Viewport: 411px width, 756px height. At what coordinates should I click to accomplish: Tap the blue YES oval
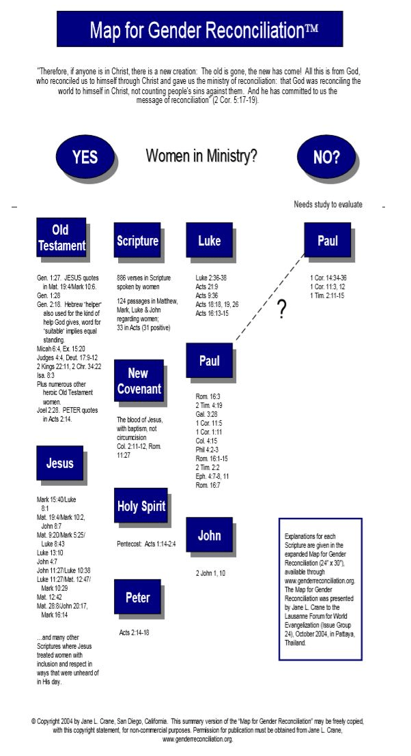tap(85, 158)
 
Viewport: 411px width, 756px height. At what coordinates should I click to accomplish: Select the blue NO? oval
tap(326, 158)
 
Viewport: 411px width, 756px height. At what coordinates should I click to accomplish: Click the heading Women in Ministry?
tap(201, 156)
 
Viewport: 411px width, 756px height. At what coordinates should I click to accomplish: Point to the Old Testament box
tap(61, 237)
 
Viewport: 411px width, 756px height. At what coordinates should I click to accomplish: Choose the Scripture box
tap(137, 241)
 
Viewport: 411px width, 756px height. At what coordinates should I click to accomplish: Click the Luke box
tap(209, 240)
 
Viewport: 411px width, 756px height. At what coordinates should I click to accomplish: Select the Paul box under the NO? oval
tap(327, 240)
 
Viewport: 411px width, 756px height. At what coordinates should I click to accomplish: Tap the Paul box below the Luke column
tap(209, 361)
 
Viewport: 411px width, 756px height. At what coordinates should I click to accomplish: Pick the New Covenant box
tap(139, 381)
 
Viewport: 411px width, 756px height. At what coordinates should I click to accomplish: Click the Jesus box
tap(59, 463)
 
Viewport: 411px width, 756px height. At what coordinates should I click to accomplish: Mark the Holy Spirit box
tap(141, 506)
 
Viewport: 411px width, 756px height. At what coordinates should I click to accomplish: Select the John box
tap(209, 535)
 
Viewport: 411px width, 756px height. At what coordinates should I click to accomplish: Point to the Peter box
tap(137, 597)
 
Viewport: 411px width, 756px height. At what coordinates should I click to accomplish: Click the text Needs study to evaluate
tap(328, 204)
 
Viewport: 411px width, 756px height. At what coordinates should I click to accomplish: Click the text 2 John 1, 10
tap(210, 572)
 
